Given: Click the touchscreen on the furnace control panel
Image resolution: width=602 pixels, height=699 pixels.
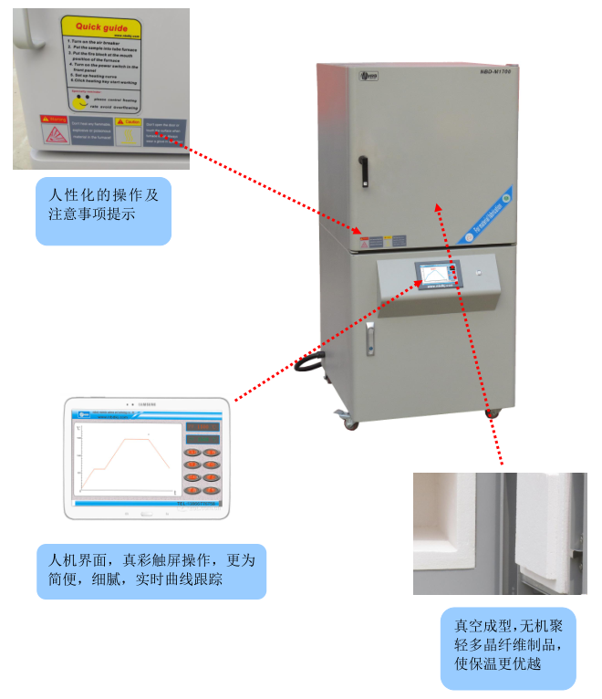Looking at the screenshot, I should [x=437, y=275].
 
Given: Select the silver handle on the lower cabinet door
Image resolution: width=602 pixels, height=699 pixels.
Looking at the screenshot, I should [x=370, y=339].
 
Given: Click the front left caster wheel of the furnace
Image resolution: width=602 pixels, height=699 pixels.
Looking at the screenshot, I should [x=348, y=421].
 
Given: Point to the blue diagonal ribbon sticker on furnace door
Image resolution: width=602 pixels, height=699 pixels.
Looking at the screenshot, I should [x=488, y=214].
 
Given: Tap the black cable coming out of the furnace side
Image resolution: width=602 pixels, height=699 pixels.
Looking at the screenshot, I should [x=309, y=364].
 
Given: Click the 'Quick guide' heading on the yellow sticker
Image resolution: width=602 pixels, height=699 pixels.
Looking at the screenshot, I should [x=100, y=28].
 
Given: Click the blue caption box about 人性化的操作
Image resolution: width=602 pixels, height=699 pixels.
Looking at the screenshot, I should [x=103, y=211].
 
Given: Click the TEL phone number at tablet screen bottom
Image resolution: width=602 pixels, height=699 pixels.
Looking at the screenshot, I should [x=199, y=501].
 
